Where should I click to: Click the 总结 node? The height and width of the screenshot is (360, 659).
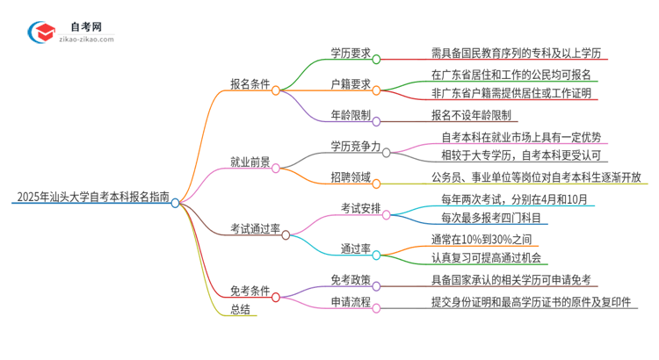point(241,308)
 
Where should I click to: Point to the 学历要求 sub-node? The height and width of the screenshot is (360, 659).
point(349,53)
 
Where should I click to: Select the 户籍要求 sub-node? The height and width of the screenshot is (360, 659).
point(349,84)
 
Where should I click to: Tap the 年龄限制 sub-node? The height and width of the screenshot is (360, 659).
point(350,115)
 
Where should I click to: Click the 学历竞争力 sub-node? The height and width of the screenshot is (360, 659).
point(355,146)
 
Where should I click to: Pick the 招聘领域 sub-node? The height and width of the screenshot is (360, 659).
point(349,178)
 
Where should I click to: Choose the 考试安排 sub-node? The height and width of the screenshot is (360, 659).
point(361,208)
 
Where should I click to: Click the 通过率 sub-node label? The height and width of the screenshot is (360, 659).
point(354,248)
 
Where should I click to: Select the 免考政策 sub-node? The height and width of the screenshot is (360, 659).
point(349,281)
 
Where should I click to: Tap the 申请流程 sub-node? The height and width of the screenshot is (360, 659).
point(349,304)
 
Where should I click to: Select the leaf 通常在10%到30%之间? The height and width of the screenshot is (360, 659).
point(482,239)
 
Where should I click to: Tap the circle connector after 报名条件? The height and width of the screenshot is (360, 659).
point(276,90)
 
